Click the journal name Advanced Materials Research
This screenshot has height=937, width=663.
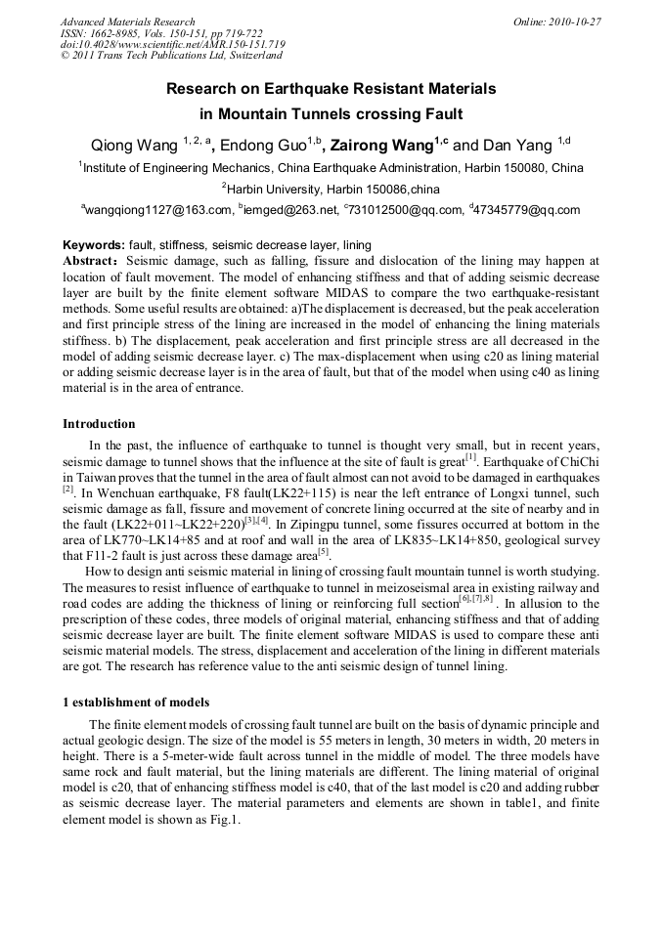pyautogui.click(x=127, y=21)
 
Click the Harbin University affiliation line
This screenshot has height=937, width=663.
pyautogui.click(x=331, y=188)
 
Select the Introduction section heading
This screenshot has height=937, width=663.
pyautogui.click(x=99, y=424)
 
